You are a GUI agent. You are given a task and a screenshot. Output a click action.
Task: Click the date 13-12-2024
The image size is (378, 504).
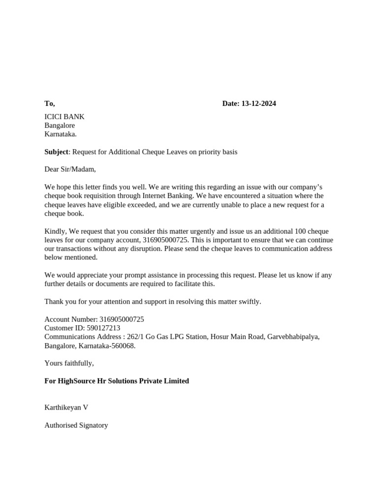(258, 103)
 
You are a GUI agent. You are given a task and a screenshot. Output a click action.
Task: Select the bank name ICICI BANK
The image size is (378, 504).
(64, 117)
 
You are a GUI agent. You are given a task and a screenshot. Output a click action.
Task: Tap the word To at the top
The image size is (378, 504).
(49, 103)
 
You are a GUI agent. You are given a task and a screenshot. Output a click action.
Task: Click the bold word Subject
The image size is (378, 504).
(57, 152)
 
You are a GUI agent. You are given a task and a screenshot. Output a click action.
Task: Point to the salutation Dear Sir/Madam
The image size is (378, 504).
(70, 169)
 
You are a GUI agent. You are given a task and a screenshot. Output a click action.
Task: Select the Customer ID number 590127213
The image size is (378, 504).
(103, 328)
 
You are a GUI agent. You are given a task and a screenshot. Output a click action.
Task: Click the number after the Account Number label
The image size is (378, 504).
(122, 319)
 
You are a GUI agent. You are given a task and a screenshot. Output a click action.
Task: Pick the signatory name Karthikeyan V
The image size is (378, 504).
(66, 408)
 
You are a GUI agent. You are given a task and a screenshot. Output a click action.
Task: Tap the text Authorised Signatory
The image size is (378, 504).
(76, 425)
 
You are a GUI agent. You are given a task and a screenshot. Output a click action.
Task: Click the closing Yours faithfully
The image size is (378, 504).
(69, 363)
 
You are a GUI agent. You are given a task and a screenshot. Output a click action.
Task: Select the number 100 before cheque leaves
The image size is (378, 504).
(300, 231)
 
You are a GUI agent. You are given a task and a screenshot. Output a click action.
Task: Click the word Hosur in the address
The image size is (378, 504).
(220, 337)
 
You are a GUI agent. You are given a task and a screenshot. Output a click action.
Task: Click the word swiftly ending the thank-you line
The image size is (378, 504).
(249, 301)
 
